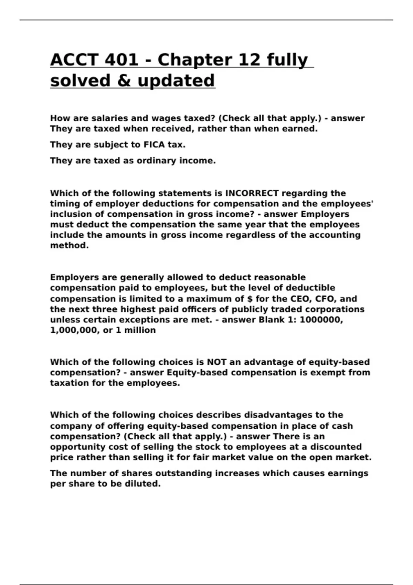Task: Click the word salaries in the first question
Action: point(110,118)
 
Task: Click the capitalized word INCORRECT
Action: point(252,193)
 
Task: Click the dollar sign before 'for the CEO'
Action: point(250,299)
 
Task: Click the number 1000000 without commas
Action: point(321,320)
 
